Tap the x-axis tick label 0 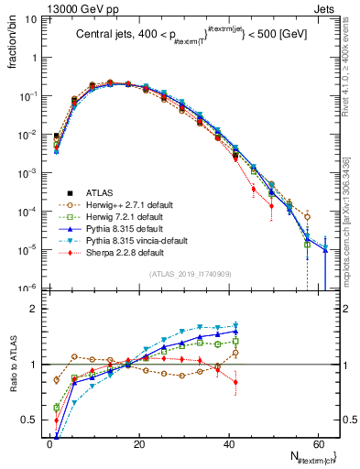50,444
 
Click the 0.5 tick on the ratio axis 34,420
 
